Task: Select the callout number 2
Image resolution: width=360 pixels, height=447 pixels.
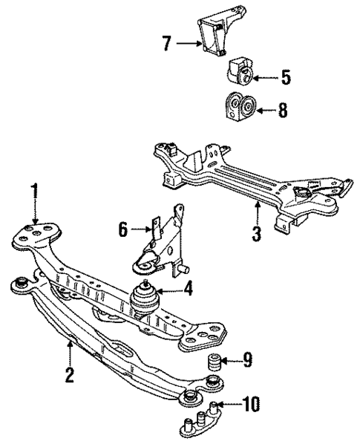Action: pyautogui.click(x=68, y=374)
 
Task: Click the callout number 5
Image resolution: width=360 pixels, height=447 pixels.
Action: pyautogui.click(x=287, y=76)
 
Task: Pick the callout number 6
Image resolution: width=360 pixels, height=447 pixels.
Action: pyautogui.click(x=124, y=229)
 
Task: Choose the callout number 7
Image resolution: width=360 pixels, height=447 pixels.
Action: pyautogui.click(x=168, y=44)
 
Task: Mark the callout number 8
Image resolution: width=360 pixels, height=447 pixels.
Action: pyautogui.click(x=282, y=111)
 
